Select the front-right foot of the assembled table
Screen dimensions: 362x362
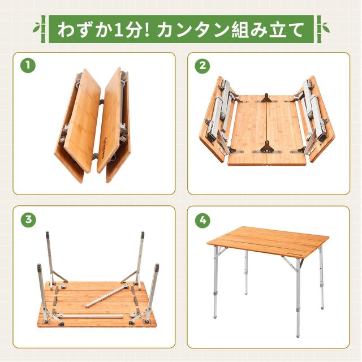click(299, 335)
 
